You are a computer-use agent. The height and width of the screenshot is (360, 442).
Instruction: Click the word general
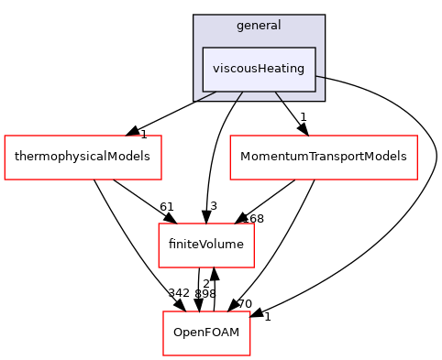(259, 26)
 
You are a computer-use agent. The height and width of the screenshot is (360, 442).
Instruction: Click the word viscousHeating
(259, 69)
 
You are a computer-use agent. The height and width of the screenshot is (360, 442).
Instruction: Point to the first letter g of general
(240, 27)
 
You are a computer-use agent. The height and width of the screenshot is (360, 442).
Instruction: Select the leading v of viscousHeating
(215, 70)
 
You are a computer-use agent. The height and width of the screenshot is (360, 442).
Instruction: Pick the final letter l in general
(279, 26)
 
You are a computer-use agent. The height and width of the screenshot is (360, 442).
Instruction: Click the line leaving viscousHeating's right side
(320, 77)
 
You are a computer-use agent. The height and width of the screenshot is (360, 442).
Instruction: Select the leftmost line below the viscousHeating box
(206, 96)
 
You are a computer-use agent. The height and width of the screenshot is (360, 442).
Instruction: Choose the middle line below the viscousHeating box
(239, 96)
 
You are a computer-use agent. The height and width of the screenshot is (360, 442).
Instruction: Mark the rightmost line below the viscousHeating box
(278, 96)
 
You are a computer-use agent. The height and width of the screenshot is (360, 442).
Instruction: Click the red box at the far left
(83, 158)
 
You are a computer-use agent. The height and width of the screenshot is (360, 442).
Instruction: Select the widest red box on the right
(323, 158)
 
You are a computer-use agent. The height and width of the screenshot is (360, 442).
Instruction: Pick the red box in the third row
(205, 245)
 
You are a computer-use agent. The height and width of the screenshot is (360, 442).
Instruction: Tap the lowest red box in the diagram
(206, 333)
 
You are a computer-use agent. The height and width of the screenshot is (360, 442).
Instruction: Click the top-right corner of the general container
(325, 16)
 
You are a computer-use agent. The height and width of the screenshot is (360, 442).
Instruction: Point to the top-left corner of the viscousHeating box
(203, 48)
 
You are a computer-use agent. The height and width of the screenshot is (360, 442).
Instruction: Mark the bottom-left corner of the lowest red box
(163, 355)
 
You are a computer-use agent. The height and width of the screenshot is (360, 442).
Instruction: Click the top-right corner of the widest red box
(417, 136)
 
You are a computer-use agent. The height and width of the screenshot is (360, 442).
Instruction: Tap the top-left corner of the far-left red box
(5, 136)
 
